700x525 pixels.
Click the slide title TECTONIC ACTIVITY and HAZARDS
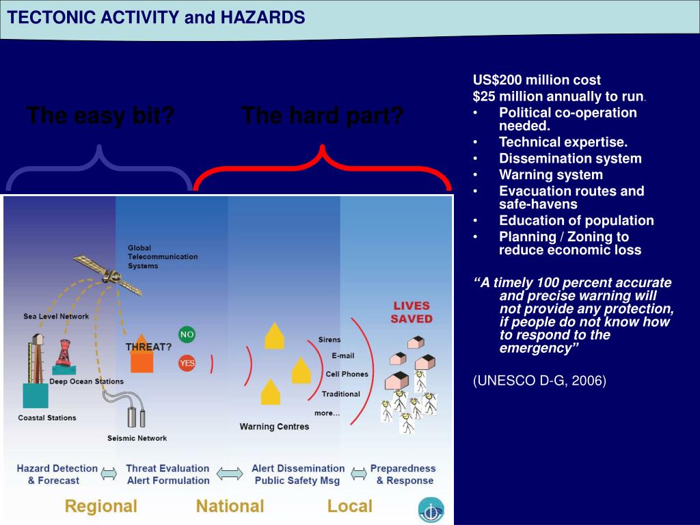click(156, 18)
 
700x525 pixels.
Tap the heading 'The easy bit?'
click(100, 116)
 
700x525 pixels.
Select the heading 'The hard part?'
click(322, 116)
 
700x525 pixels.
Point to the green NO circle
click(187, 334)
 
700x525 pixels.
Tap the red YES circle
click(187, 363)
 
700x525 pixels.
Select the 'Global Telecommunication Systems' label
click(163, 256)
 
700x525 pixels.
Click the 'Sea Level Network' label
click(56, 317)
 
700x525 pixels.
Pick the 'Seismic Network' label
click(137, 438)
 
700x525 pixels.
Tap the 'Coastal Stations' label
click(47, 418)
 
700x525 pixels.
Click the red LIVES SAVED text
click(412, 312)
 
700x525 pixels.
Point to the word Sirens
click(329, 340)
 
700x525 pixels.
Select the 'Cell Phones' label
click(347, 374)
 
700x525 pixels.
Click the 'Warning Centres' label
click(274, 427)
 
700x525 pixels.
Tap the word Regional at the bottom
click(100, 507)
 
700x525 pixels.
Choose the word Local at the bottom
click(349, 507)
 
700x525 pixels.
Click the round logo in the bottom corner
click(431, 509)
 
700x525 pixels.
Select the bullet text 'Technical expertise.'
click(563, 142)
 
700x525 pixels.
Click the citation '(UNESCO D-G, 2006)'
click(539, 381)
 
